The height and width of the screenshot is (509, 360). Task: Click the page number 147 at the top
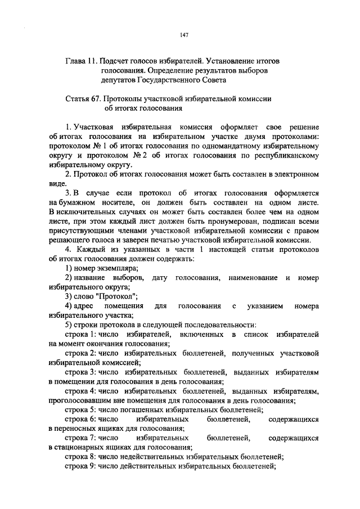[184, 35]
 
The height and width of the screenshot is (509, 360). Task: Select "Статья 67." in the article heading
[83, 98]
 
